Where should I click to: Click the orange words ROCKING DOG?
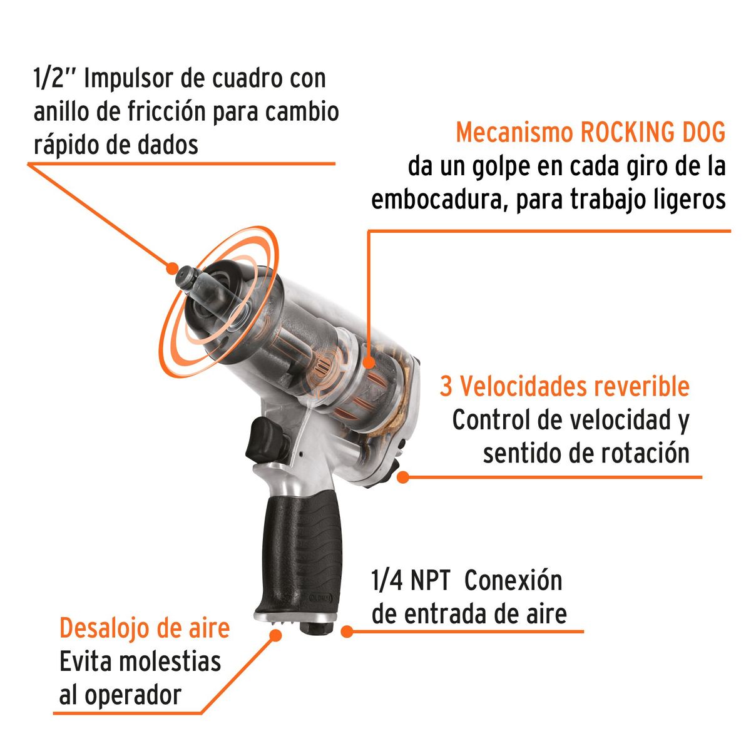(653, 133)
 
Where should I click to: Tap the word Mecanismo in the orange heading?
(514, 133)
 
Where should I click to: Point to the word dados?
(168, 145)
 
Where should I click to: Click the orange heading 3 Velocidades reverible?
(565, 386)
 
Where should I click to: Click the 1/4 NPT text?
(411, 581)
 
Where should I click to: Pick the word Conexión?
(514, 581)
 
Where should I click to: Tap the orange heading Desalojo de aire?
(145, 628)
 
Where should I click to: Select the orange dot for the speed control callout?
(404, 478)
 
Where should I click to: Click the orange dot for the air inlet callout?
(345, 631)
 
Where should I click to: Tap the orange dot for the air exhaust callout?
(275, 635)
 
